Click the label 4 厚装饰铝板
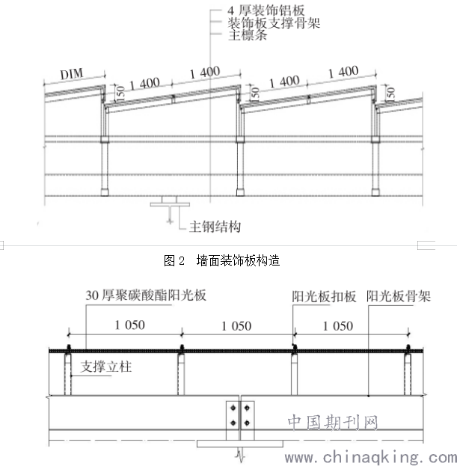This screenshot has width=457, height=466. point(266,10)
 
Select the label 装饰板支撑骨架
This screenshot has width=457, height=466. point(274,23)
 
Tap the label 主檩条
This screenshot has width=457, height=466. point(248,35)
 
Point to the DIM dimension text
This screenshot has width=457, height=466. point(72,74)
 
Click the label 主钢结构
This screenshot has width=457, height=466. point(215,227)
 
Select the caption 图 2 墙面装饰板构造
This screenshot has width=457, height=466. point(221,260)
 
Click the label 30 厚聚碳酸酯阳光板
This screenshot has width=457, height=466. point(146,295)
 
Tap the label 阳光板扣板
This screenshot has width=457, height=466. point(324,296)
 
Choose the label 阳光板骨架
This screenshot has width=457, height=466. point(398,296)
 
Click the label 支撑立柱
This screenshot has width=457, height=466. point(105,367)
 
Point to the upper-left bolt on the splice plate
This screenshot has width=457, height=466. point(233,408)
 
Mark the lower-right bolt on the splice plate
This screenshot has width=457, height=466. point(247,423)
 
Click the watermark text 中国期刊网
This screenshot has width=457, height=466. point(333,423)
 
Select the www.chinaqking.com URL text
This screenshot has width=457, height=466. point(370,457)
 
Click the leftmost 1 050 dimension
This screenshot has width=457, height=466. point(130,325)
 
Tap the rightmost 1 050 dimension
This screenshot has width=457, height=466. point(338,326)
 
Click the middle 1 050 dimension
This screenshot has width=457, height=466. point(236,326)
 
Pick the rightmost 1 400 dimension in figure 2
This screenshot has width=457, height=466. point(343,72)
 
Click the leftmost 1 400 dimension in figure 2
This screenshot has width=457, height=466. point(144,84)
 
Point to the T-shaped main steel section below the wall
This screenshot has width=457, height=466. point(170,204)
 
